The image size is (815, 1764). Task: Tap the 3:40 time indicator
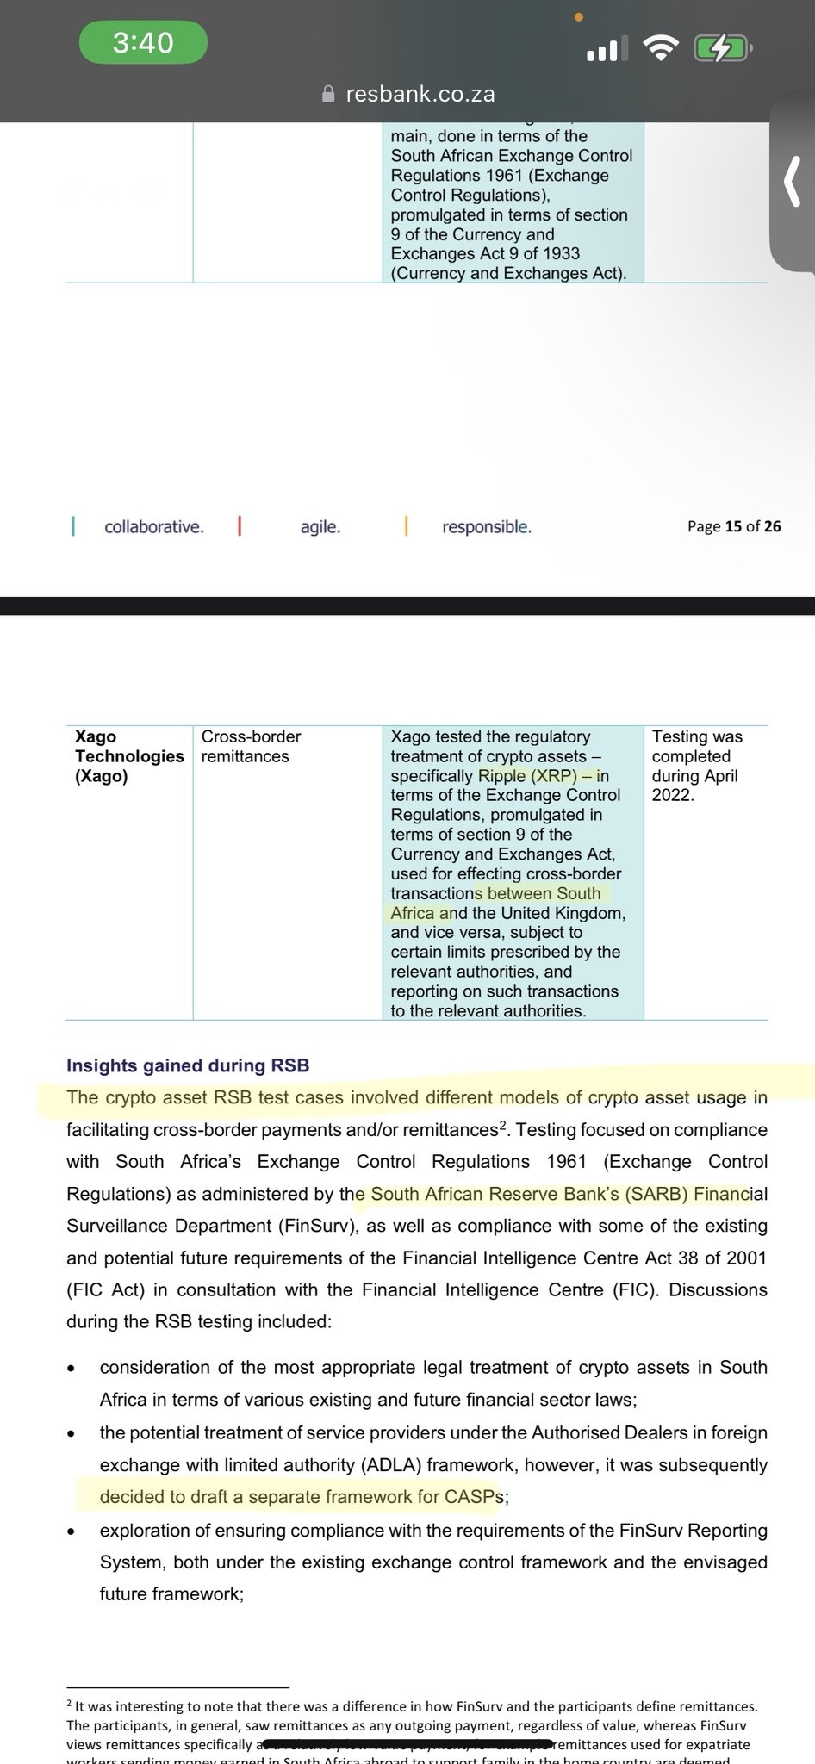[x=143, y=42]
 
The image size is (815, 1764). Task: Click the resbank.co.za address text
[x=420, y=94]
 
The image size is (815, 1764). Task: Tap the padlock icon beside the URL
[x=327, y=94]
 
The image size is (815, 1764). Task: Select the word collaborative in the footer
[x=154, y=526]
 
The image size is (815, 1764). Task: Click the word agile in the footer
[x=320, y=526]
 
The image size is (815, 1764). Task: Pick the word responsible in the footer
[x=487, y=526]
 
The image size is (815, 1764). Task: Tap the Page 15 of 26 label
[x=734, y=526]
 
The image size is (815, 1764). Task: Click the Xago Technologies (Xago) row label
[x=128, y=756]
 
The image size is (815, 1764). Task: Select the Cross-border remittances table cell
[x=250, y=747]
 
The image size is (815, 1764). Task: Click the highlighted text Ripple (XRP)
[x=527, y=776]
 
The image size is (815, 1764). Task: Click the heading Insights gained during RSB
[x=188, y=1065]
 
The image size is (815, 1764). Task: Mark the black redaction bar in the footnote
[x=405, y=1745]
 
